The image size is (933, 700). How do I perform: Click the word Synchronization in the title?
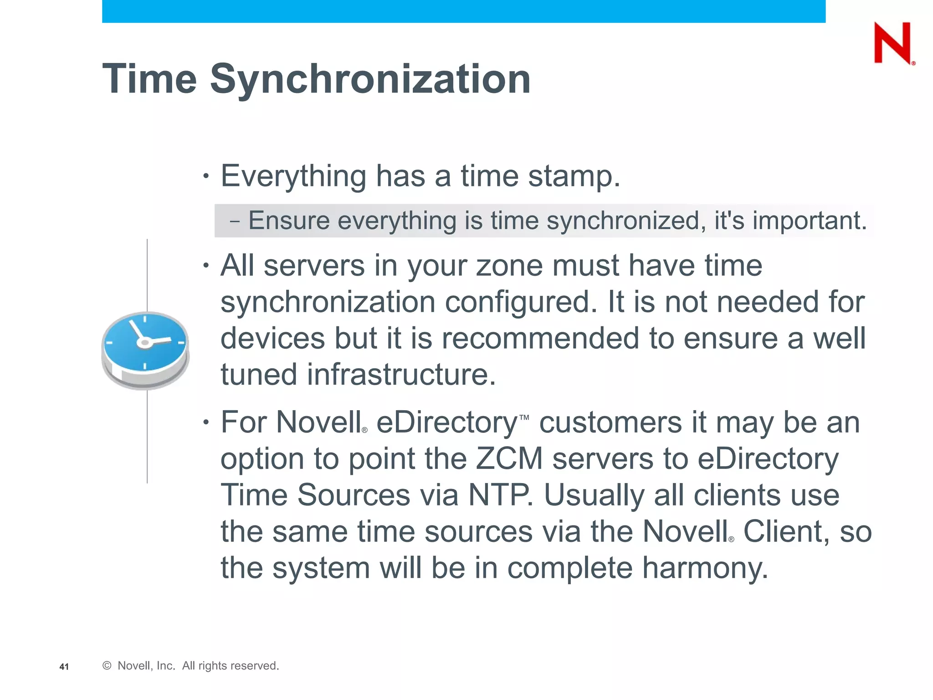pos(370,79)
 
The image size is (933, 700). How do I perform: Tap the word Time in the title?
pos(149,79)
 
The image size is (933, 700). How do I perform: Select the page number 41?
pos(64,667)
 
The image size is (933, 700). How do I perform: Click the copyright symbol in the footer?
pos(107,666)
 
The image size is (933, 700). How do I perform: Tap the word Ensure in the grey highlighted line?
pos(289,221)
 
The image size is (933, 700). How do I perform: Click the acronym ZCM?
pos(509,458)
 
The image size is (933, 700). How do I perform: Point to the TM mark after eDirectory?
pos(524,417)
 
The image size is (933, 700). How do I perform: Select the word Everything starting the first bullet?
pos(293,177)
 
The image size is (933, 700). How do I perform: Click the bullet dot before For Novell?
pos(206,422)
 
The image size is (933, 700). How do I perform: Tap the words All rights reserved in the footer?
pos(231,666)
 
